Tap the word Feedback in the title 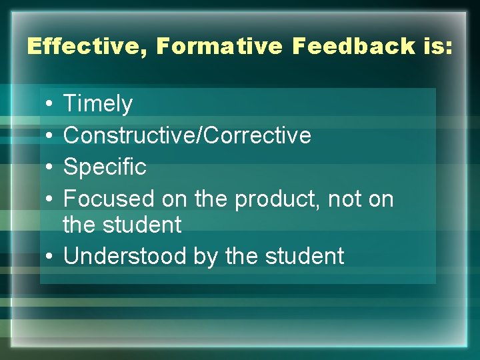pyautogui.click(x=334, y=47)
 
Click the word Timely pyautogui.click(x=98, y=104)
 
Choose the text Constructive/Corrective pyautogui.click(x=187, y=135)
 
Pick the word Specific pyautogui.click(x=105, y=167)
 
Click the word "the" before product pyautogui.click(x=211, y=198)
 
